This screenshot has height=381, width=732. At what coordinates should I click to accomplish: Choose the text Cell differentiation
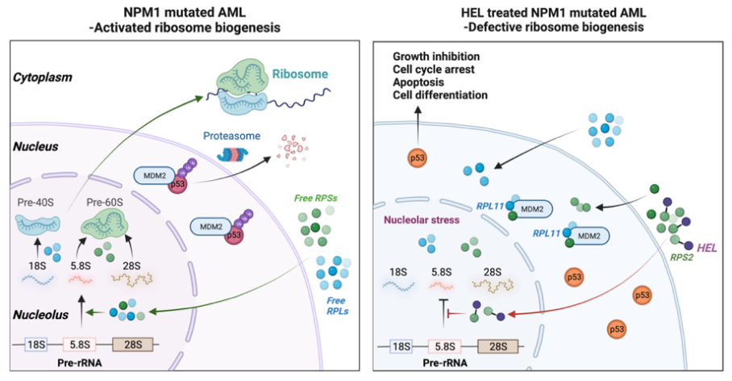pos(439,95)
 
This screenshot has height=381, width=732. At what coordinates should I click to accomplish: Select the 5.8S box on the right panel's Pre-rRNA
pos(443,346)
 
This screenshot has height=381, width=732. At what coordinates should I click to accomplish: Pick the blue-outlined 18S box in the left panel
pos(36,346)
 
